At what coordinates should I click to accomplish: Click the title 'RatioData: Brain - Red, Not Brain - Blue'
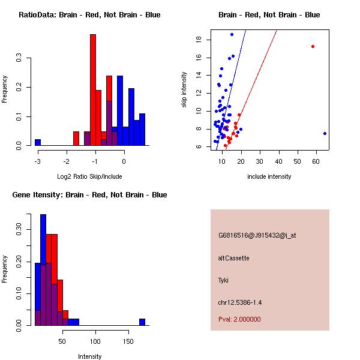[x=89, y=15]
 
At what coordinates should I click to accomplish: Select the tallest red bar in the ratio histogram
[x=93, y=90]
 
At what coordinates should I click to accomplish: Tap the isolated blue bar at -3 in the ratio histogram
[x=38, y=142]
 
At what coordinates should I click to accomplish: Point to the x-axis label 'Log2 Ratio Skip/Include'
[x=89, y=176]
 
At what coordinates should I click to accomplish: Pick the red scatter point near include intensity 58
[x=313, y=46]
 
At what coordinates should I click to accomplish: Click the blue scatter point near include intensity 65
[x=325, y=133]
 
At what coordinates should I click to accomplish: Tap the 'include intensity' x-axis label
[x=269, y=176]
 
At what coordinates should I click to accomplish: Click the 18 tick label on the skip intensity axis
[x=197, y=40]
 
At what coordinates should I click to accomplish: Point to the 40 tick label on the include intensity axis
[x=278, y=161]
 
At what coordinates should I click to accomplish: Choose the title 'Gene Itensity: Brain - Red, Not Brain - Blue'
[x=89, y=195]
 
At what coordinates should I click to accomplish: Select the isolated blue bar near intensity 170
[x=142, y=322]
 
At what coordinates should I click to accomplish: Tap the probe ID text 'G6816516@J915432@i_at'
[x=257, y=235]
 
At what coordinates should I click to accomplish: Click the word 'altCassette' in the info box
[x=234, y=258]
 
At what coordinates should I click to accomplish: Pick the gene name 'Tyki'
[x=223, y=280]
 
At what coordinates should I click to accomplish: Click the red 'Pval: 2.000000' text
[x=239, y=319]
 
